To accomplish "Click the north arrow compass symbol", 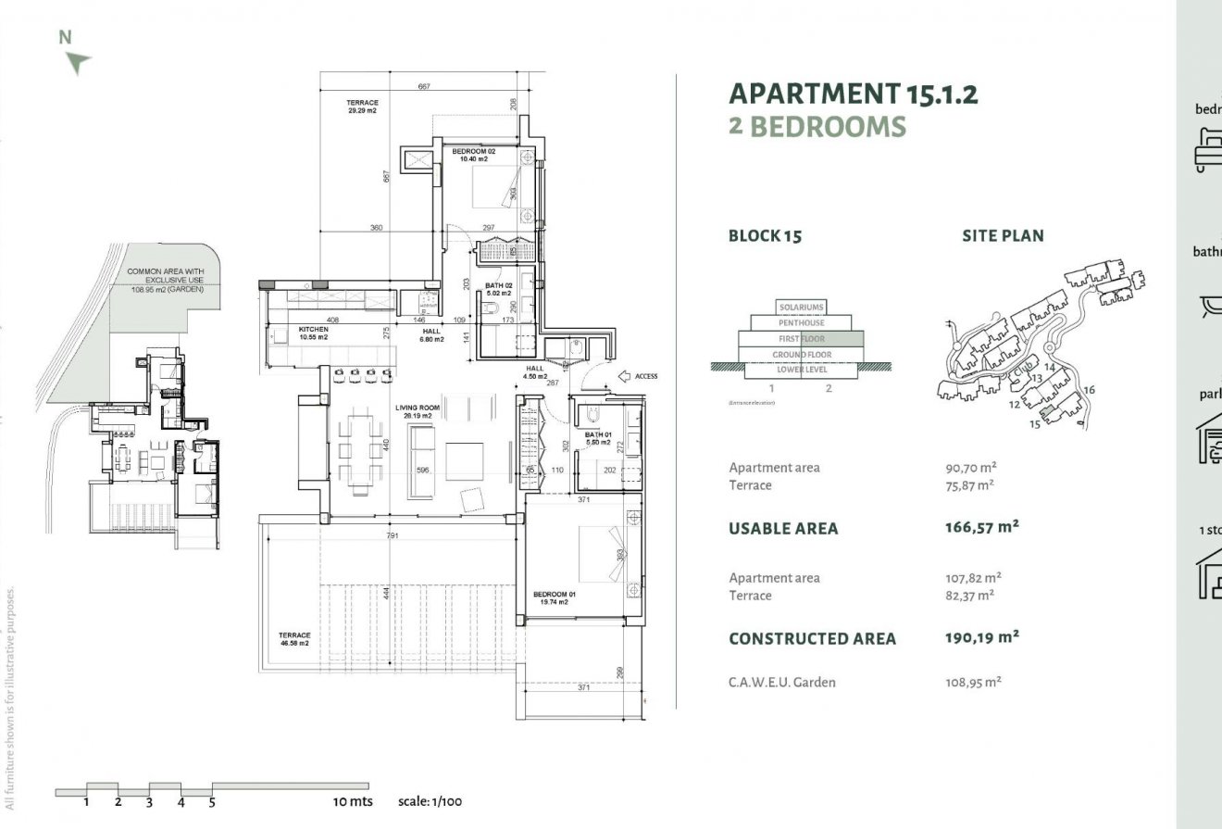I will click(x=78, y=61).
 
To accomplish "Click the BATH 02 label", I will click(x=500, y=289).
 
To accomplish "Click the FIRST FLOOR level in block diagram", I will click(x=801, y=339).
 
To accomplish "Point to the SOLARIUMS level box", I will click(x=801, y=307).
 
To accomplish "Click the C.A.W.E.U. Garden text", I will click(x=782, y=683).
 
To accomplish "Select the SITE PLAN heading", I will click(x=1003, y=236).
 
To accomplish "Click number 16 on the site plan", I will click(x=1089, y=390).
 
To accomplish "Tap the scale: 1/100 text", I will click(x=430, y=801).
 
